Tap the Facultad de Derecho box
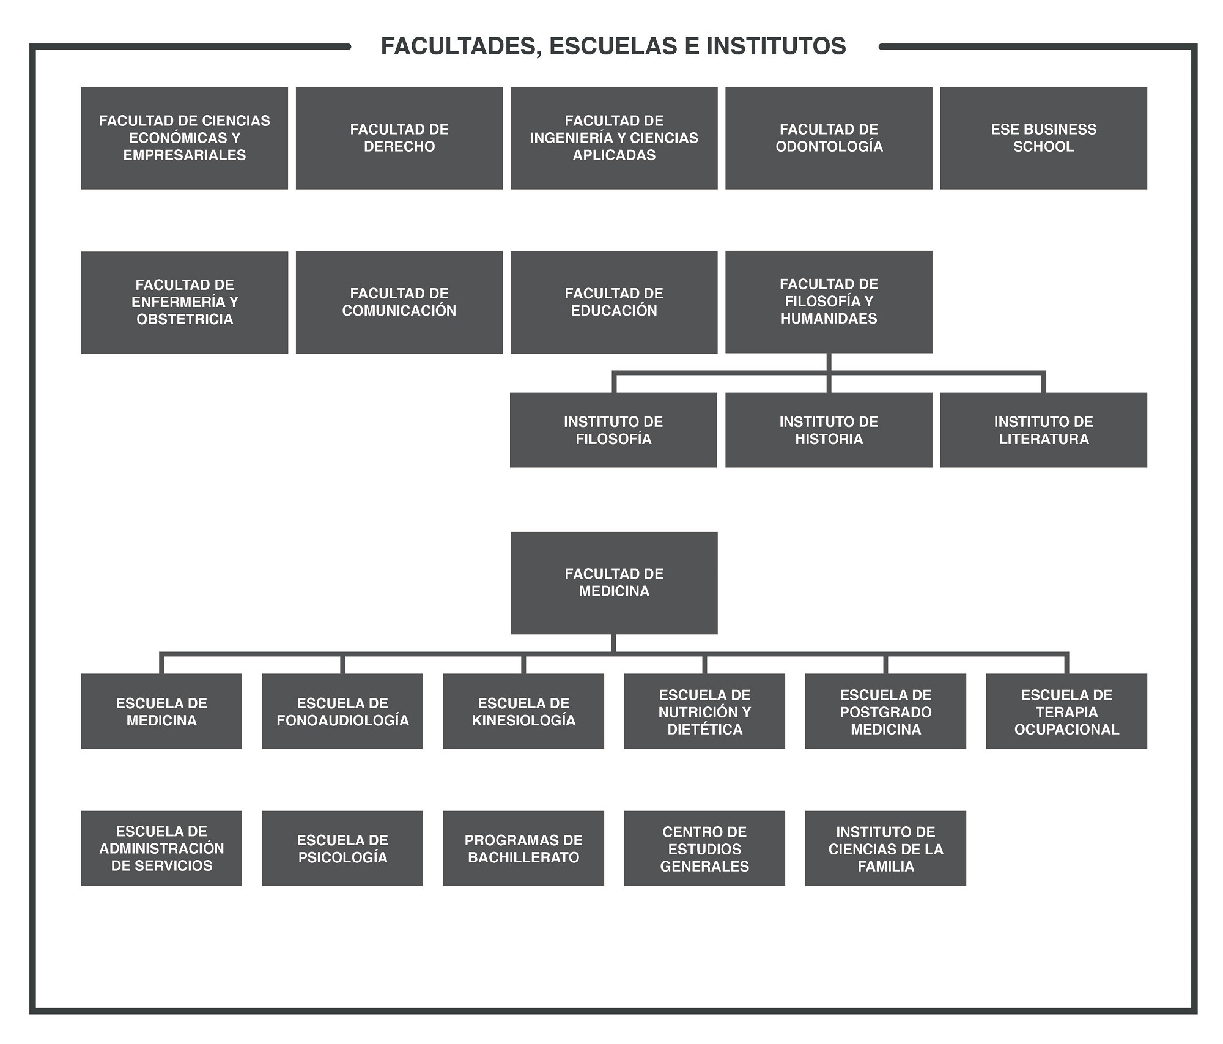399,138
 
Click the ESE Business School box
1044,138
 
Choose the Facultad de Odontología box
829,138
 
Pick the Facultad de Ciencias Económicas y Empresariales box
185,138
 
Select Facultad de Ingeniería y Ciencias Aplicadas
614,138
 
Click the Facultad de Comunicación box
399,302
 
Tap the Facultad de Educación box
614,302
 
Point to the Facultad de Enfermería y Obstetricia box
185,302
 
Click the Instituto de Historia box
829,430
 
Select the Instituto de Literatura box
1044,430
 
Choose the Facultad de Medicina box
614,583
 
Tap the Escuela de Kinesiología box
523,711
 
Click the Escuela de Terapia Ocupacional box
1066,711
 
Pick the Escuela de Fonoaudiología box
342,711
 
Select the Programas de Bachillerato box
523,848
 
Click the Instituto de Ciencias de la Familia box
885,848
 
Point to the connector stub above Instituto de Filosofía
614,382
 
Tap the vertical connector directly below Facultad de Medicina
613,643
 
